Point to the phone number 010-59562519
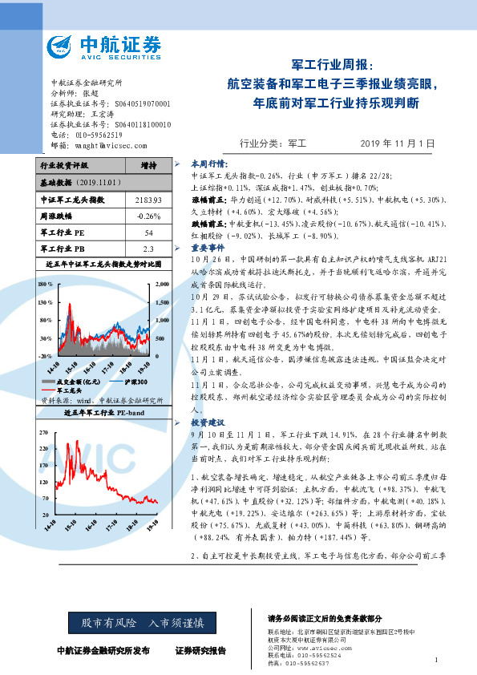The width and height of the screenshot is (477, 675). [x=101, y=135]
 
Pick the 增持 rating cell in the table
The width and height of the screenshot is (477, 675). [x=148, y=166]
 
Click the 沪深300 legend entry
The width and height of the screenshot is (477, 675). [x=126, y=382]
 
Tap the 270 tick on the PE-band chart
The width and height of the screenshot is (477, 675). [x=44, y=432]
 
